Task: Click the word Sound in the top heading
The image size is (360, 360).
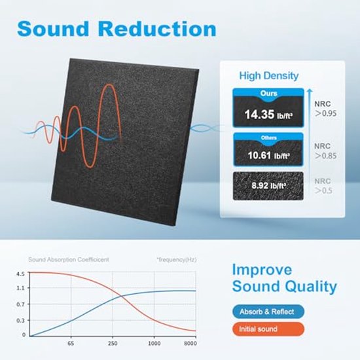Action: [x=53, y=29]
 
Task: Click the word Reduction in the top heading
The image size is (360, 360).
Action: [x=157, y=29]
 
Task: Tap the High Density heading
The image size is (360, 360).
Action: [x=269, y=76]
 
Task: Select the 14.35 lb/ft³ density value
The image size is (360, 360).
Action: [x=268, y=115]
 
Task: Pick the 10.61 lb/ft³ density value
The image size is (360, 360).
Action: [x=268, y=155]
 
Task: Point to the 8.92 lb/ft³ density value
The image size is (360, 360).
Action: [x=268, y=185]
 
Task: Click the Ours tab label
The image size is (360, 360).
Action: [x=268, y=94]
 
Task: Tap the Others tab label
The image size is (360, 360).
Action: [x=268, y=137]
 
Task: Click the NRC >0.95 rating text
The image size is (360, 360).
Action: [x=325, y=109]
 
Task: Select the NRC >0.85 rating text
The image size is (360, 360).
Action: [x=325, y=151]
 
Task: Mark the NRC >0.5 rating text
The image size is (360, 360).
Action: [x=323, y=186]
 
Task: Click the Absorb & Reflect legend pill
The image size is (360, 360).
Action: [x=268, y=312]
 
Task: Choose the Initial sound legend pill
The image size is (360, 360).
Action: [x=268, y=329]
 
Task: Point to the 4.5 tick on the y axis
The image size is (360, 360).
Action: [x=20, y=274]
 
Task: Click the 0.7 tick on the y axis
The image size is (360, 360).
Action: [x=20, y=304]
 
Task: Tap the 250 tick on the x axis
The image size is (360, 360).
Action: [x=113, y=344]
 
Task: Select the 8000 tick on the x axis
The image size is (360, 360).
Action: [x=190, y=344]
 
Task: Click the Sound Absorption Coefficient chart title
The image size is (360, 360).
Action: [x=69, y=260]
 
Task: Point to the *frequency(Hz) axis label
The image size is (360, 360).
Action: [x=177, y=260]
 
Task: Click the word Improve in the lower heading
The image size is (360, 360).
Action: [x=262, y=270]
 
